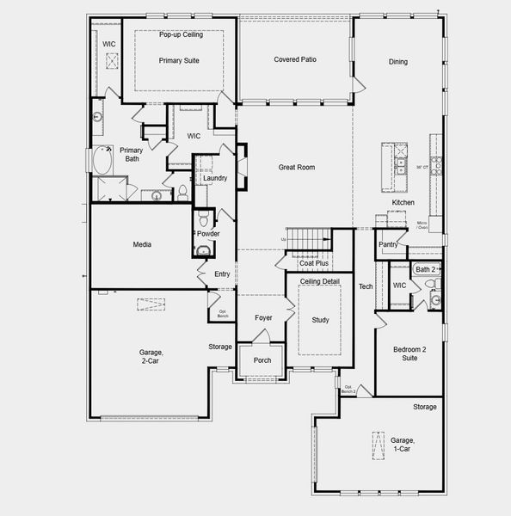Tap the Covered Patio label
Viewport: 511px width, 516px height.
pyautogui.click(x=294, y=59)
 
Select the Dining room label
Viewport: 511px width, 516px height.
pyautogui.click(x=397, y=62)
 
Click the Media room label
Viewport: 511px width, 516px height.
pyautogui.click(x=142, y=245)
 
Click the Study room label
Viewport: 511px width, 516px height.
pyautogui.click(x=319, y=320)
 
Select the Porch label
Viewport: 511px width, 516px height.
pyautogui.click(x=262, y=359)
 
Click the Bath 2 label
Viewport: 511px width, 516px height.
pyautogui.click(x=425, y=269)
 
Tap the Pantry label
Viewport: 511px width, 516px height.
pyautogui.click(x=388, y=244)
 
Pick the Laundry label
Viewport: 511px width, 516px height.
pyautogui.click(x=214, y=178)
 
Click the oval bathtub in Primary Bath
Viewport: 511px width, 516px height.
pyautogui.click(x=103, y=160)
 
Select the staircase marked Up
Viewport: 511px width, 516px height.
pyautogui.click(x=308, y=238)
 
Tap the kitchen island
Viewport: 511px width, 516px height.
pyautogui.click(x=401, y=168)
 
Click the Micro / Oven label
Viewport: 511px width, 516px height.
pyautogui.click(x=422, y=225)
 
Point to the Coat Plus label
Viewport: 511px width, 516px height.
pyautogui.click(x=314, y=263)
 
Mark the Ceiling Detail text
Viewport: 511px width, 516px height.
pyautogui.click(x=320, y=282)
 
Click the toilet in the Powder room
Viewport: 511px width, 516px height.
pyautogui.click(x=203, y=251)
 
